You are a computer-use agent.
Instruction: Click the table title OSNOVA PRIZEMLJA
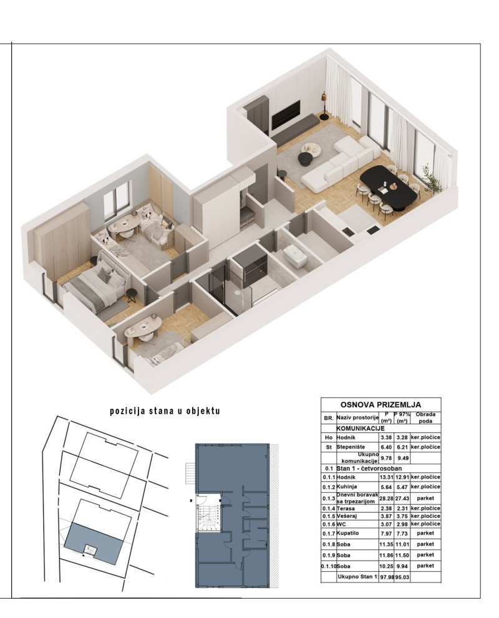pyautogui.click(x=380, y=404)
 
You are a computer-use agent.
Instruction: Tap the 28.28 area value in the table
pyautogui.click(x=386, y=498)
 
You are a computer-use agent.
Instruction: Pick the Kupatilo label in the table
pyautogui.click(x=349, y=533)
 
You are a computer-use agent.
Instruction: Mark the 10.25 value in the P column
pyautogui.click(x=386, y=566)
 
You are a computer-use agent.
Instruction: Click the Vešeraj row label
pyautogui.click(x=348, y=516)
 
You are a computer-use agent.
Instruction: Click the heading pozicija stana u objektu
pyautogui.click(x=165, y=412)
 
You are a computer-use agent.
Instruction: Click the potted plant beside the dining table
pyautogui.click(x=430, y=178)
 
